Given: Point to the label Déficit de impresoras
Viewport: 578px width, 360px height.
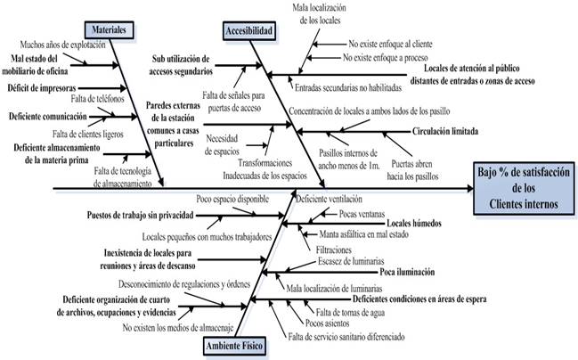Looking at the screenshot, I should tap(40, 88).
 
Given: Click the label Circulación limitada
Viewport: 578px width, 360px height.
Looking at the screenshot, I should tap(450, 132).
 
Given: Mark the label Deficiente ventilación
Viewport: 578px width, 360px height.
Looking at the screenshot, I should tap(332, 198).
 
